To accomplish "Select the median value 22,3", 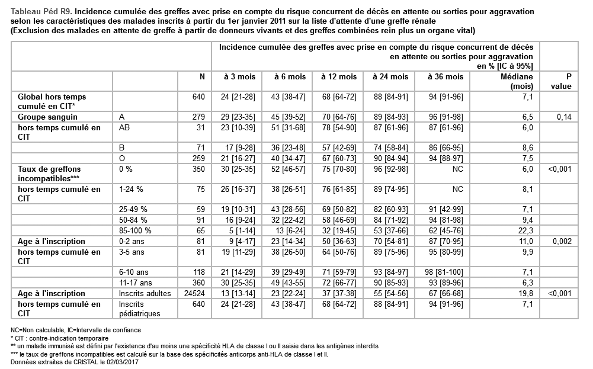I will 524,230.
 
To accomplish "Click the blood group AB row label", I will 125,127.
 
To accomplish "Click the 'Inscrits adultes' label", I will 145,293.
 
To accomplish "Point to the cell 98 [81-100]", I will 445,272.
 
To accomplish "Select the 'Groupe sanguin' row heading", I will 47,117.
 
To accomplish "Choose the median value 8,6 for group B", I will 525,147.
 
